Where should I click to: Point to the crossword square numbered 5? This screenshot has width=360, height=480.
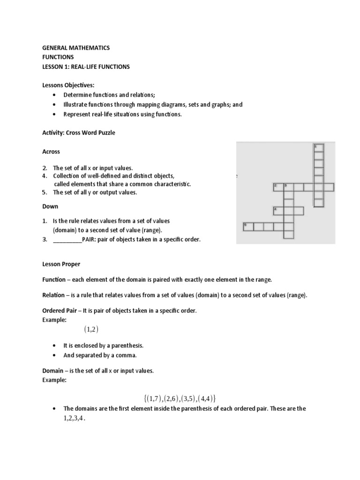(247, 227)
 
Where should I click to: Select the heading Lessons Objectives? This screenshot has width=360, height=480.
(68, 85)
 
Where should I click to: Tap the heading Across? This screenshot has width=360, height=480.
(51, 152)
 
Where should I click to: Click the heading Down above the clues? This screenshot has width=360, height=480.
(50, 206)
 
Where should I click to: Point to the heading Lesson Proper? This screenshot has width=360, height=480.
(63, 264)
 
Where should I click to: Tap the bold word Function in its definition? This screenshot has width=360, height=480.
(54, 279)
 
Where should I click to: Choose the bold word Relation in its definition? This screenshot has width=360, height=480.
(53, 295)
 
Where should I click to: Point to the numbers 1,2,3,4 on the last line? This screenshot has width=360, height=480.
(75, 419)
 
